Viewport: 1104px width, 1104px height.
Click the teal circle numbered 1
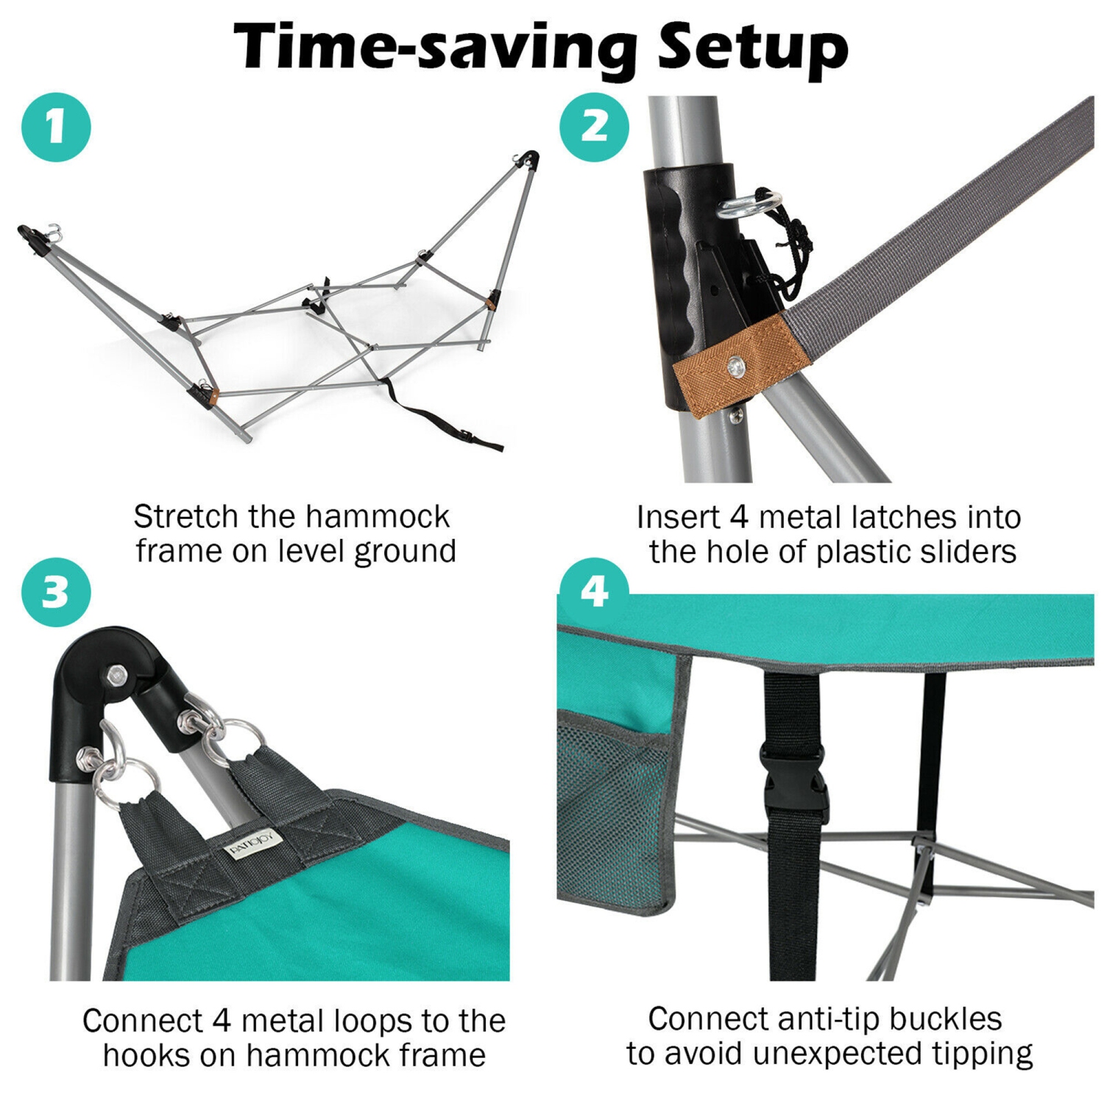point(56,127)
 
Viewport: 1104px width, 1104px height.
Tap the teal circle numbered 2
point(594,127)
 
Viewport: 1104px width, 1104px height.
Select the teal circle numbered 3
point(56,592)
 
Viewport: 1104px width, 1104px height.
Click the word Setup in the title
point(752,48)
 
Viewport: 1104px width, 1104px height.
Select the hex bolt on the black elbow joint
point(116,675)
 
